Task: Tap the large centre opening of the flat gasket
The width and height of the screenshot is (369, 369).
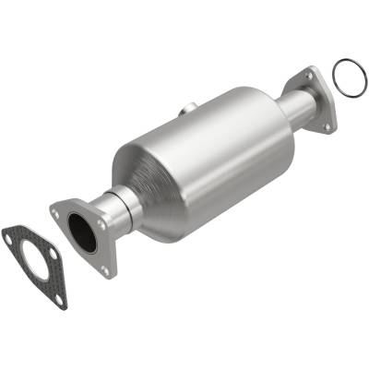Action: (34, 261)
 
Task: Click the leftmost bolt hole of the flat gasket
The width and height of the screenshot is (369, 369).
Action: (9, 239)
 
